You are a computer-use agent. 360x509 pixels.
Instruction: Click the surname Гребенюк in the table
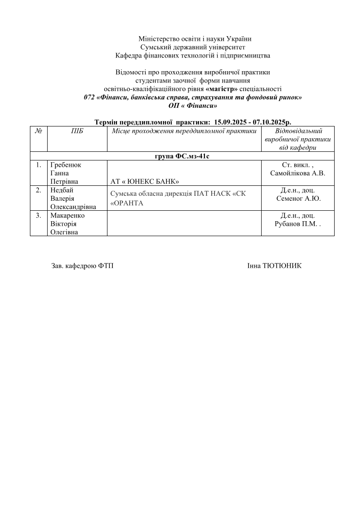click(66, 165)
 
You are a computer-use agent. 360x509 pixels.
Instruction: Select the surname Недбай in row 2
click(62, 190)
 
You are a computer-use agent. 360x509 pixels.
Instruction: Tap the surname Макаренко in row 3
click(68, 216)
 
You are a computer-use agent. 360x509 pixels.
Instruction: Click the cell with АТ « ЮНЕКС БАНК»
click(145, 182)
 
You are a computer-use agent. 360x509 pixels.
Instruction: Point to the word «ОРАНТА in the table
click(127, 203)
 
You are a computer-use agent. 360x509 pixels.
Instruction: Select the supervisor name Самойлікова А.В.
click(297, 173)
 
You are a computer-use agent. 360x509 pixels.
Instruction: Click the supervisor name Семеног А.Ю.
click(298, 199)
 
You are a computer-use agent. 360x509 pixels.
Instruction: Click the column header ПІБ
click(77, 131)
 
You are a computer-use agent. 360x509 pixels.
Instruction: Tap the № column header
click(39, 131)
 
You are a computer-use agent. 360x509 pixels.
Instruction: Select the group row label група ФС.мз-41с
click(181, 156)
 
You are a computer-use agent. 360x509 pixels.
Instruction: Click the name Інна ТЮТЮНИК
click(274, 266)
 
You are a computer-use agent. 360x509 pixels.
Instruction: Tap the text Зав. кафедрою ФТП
click(83, 266)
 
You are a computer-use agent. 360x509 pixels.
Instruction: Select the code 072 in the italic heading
click(89, 97)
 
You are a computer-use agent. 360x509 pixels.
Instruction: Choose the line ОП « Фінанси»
click(193, 106)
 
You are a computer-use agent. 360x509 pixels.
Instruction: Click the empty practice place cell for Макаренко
click(184, 223)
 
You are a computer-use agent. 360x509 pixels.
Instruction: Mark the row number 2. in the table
click(39, 190)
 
